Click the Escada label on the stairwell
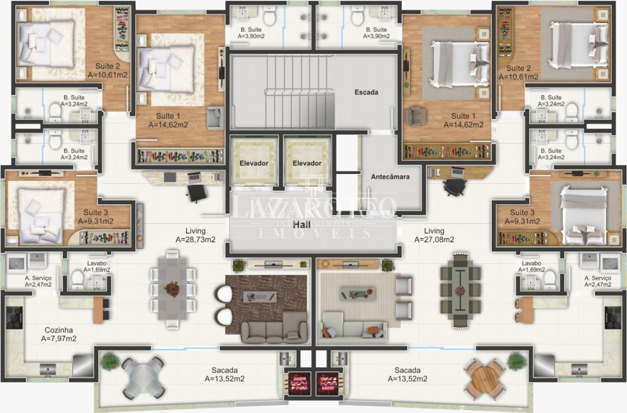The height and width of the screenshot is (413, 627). tap(366, 92)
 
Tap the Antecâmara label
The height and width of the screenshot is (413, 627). tap(390, 177)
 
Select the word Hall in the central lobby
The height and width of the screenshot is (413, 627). tap(302, 225)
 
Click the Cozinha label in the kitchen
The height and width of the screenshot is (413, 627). tap(58, 330)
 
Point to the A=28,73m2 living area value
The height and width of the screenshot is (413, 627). tap(195, 240)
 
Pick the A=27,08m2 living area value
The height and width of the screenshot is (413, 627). tap(434, 240)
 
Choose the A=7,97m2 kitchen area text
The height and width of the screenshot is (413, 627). tap(58, 339)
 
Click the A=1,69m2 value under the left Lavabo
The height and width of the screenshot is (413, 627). tap(97, 270)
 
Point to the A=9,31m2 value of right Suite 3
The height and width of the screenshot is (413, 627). tap(522, 221)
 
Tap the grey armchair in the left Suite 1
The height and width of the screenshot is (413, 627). tap(215, 118)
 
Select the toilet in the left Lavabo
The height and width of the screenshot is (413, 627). tap(78, 280)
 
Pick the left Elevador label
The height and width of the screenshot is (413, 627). tap(254, 163)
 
